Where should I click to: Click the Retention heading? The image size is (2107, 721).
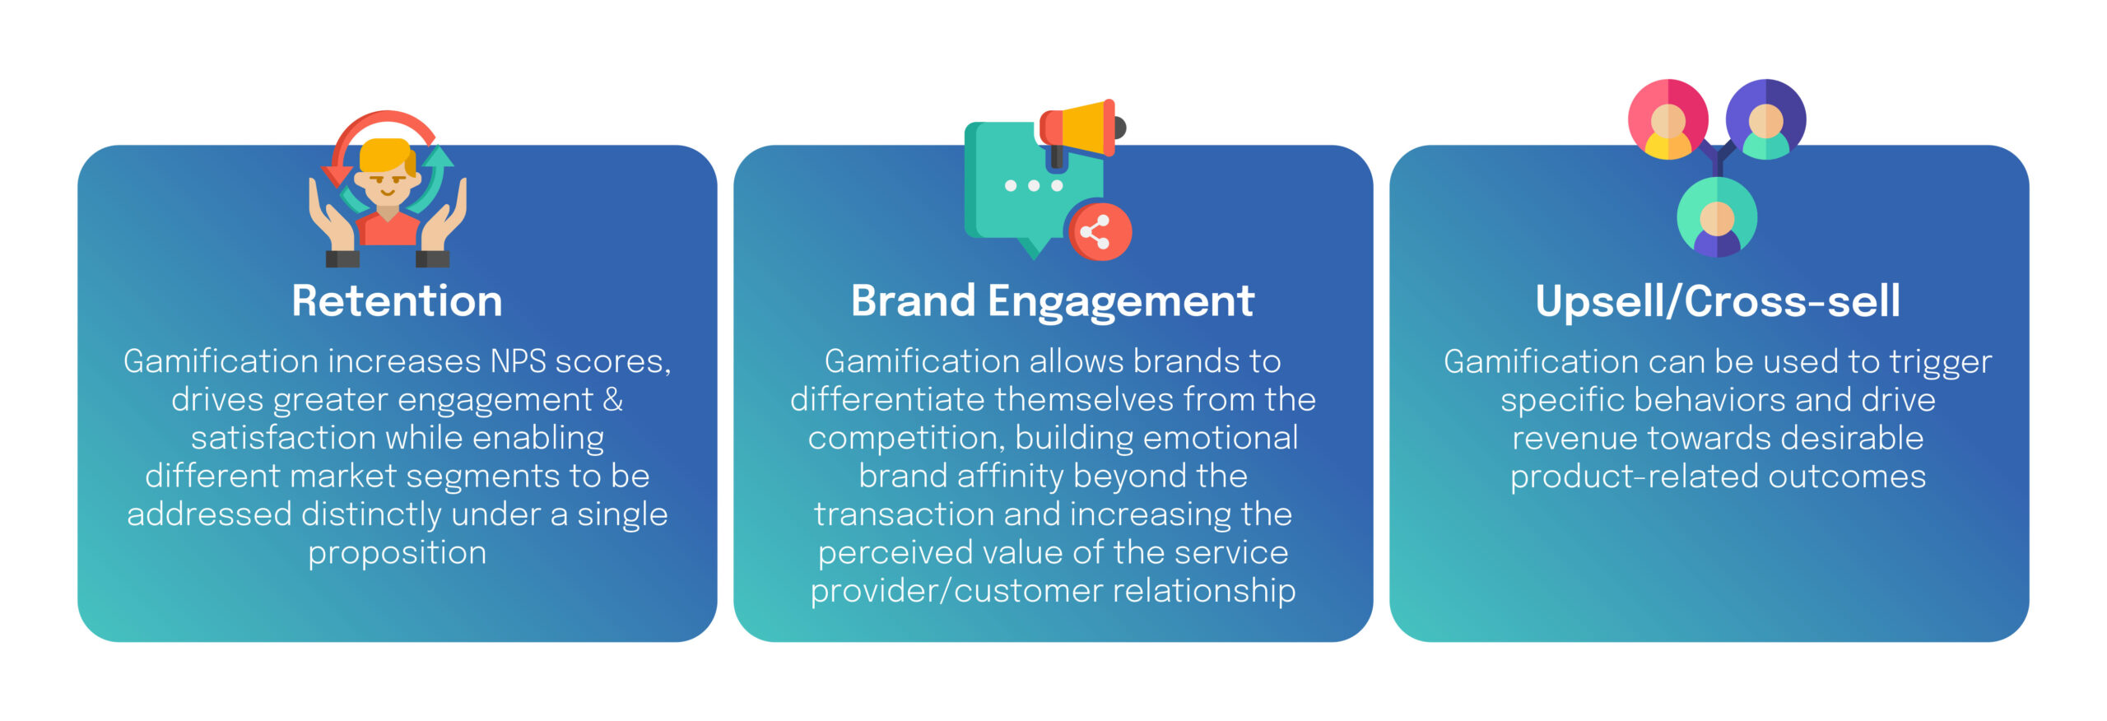[397, 300]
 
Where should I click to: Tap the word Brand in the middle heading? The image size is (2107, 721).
[913, 300]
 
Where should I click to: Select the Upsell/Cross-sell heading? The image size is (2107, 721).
[1718, 300]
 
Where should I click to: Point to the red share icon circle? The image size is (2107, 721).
[1098, 231]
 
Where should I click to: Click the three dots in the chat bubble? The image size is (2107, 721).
[1034, 185]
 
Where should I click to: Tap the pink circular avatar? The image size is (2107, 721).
[1668, 119]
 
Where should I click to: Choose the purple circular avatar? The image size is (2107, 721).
[1766, 119]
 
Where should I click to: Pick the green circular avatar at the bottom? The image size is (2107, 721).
[1717, 217]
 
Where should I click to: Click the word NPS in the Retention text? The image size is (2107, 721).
[519, 361]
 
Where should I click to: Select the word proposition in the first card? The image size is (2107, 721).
[397, 553]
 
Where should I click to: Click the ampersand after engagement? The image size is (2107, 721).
[613, 400]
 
